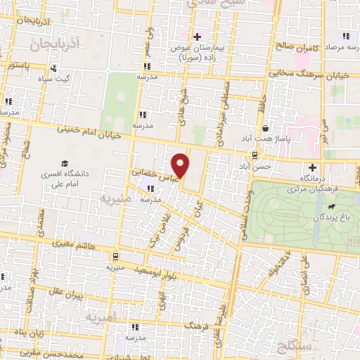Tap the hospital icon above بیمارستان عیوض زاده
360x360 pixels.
click(197, 37)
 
